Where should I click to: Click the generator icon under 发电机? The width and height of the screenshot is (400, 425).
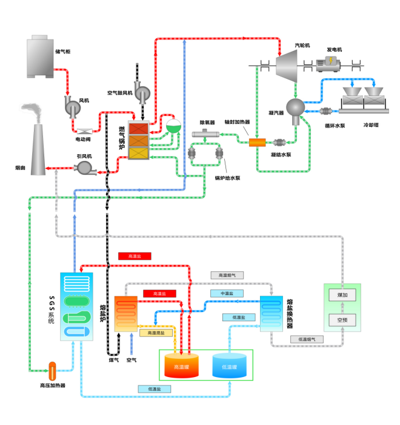pyautogui.click(x=331, y=63)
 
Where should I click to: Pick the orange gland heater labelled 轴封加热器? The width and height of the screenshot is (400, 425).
pyautogui.click(x=258, y=143)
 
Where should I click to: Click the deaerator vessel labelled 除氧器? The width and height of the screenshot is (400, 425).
pyautogui.click(x=207, y=134)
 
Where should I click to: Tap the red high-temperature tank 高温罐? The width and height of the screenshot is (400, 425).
pyautogui.click(x=182, y=365)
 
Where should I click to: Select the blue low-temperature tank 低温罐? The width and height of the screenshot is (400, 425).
pyautogui.click(x=229, y=365)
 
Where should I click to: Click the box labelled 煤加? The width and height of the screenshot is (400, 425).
pyautogui.click(x=342, y=295)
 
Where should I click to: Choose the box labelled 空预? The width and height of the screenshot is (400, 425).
pyautogui.click(x=342, y=319)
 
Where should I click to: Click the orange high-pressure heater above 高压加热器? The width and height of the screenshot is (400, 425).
pyautogui.click(x=52, y=368)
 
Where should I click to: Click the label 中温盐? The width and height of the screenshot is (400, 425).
pyautogui.click(x=227, y=293)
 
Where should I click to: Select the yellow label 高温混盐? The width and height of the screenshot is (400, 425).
pyautogui.click(x=155, y=332)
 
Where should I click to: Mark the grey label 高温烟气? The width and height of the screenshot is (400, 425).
pyautogui.click(x=227, y=275)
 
